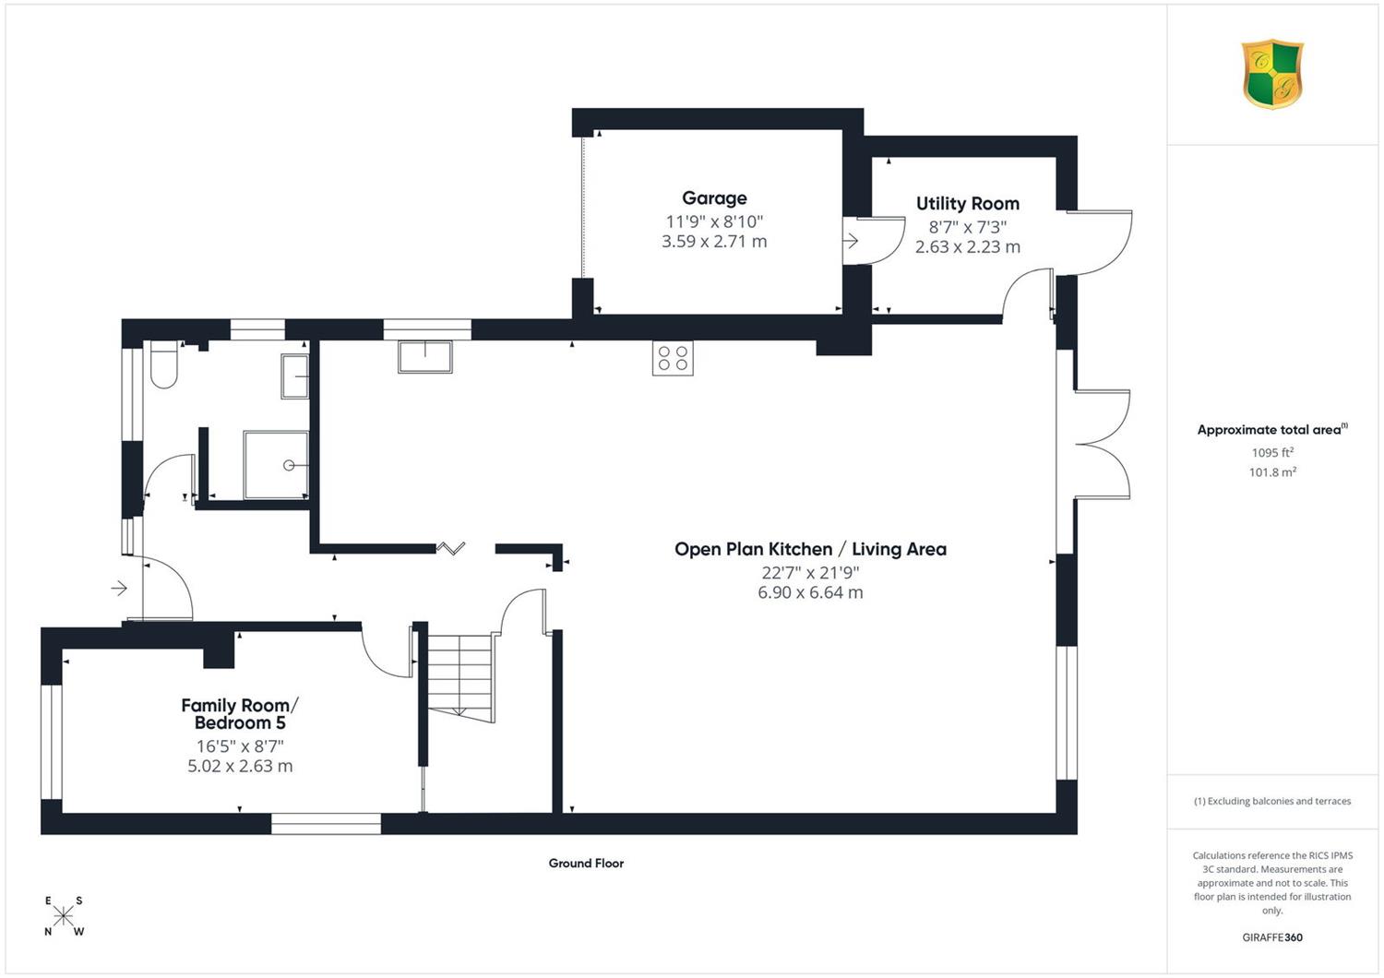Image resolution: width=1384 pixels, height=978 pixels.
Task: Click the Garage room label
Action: click(714, 198)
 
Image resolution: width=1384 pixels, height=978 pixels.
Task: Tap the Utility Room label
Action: click(968, 203)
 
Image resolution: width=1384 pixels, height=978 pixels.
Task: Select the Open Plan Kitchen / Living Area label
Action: click(810, 549)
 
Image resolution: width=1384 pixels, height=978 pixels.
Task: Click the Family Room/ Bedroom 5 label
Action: click(240, 713)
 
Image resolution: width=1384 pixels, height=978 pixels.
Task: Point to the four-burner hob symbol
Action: click(673, 358)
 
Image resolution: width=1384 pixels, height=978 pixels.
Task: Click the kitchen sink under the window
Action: click(425, 356)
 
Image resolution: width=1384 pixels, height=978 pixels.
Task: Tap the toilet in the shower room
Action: click(164, 364)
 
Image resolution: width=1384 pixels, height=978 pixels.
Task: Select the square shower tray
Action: click(276, 465)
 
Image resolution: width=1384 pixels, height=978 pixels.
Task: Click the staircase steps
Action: click(461, 677)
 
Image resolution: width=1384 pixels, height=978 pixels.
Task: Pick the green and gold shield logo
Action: click(1272, 74)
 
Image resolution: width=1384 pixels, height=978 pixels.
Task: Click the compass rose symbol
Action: click(63, 915)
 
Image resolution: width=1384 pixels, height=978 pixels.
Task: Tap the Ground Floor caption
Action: click(586, 863)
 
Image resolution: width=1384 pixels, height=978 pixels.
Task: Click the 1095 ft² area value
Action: click(1272, 452)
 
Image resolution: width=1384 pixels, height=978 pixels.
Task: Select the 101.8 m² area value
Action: click(1272, 472)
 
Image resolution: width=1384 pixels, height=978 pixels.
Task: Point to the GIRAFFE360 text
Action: click(1272, 937)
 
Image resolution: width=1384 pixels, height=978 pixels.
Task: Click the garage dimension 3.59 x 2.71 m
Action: click(714, 242)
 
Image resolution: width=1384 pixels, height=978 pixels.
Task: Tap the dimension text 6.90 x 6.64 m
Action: click(810, 592)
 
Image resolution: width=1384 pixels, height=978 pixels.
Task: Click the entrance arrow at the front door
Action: click(119, 588)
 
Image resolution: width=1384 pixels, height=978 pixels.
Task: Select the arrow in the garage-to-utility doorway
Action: click(851, 240)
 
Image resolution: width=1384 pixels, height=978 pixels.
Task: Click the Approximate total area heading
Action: click(1272, 429)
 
